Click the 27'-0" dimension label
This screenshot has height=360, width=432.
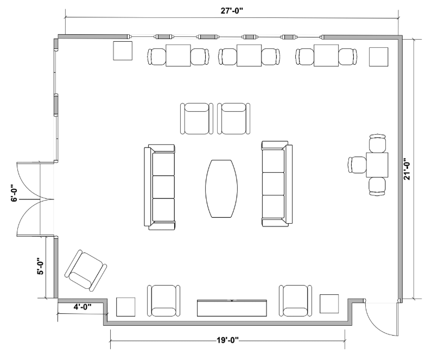pos(232,10)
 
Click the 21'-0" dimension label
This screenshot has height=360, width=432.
pos(407,169)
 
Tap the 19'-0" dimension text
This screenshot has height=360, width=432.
pos(227,340)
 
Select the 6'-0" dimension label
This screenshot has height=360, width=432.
pos(14,193)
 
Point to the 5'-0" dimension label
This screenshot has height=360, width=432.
pos(40,266)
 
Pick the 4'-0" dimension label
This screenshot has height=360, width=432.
pos(82,307)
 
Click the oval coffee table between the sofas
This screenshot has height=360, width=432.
pos(221,188)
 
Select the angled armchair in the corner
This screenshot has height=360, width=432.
pos(86,270)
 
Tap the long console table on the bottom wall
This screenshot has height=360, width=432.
pos(232,308)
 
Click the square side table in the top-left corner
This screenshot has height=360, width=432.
pos(123,50)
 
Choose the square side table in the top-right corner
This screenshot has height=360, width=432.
pos(379,57)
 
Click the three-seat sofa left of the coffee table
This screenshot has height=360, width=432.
pos(160,187)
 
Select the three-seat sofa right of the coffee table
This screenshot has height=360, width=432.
pos(277,184)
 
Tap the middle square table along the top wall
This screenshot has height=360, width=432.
pos(249,55)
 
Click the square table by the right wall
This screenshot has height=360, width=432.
pos(377,165)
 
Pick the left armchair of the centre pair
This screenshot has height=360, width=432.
pos(196,119)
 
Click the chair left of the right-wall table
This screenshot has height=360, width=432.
pos(358,165)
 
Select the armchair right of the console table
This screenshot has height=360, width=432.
pos(296,301)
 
